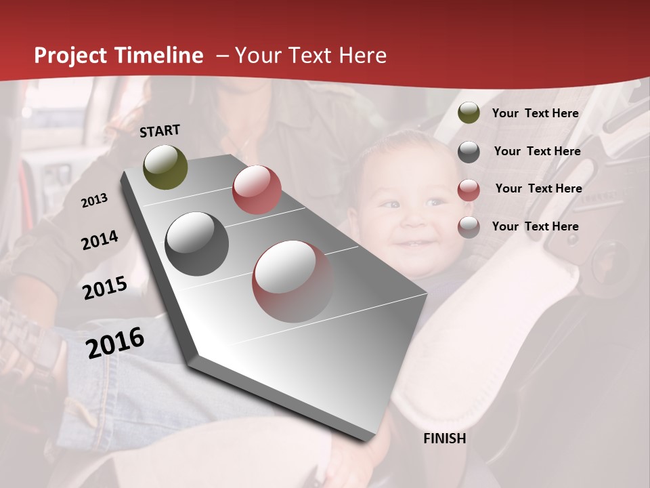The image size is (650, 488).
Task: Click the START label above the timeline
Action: click(160, 131)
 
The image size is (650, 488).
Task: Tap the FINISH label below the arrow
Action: click(444, 439)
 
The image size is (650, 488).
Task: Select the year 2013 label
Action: click(94, 201)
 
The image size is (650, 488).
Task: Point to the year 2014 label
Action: click(100, 240)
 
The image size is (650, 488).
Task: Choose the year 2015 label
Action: click(105, 288)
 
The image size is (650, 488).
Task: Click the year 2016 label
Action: click(115, 342)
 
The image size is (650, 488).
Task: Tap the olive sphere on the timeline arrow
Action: click(166, 167)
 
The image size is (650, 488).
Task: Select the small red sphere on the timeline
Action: click(257, 190)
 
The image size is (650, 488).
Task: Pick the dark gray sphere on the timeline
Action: click(197, 243)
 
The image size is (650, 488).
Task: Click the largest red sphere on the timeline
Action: click(292, 281)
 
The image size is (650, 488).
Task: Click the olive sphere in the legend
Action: click(469, 113)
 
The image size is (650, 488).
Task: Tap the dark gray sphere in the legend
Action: click(469, 152)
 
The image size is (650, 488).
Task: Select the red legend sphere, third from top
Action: click(469, 189)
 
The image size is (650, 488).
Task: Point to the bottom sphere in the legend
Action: click(469, 227)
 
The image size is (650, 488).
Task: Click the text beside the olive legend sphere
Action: click(535, 113)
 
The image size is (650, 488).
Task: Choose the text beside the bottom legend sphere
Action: click(535, 226)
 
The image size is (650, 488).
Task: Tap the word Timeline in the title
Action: click(159, 56)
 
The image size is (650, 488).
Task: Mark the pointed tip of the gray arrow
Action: click(369, 439)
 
